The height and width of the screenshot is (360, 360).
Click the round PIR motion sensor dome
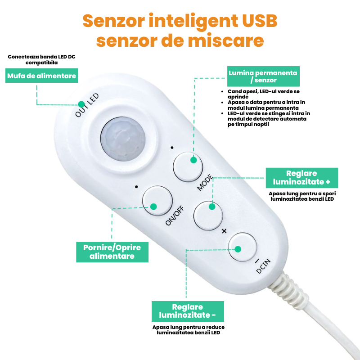[123, 139]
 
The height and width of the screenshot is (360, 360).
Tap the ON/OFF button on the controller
[157, 201]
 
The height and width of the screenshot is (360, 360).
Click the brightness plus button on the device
[208, 216]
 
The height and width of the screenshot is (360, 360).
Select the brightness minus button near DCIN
[242, 247]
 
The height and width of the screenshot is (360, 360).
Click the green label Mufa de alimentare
[41, 76]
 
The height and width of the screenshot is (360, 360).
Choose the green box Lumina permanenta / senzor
[263, 76]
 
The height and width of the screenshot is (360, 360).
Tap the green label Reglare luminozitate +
[302, 178]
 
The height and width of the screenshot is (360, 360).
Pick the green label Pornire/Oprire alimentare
[112, 252]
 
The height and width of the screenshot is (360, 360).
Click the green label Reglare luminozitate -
[188, 311]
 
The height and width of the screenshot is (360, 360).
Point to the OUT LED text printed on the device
[87, 105]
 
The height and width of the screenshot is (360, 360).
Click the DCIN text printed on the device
[263, 266]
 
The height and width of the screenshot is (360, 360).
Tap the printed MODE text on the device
[205, 183]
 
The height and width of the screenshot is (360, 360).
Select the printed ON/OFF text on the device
[175, 216]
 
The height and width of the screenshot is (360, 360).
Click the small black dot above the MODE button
[172, 148]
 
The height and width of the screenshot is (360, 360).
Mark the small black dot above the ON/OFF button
[137, 187]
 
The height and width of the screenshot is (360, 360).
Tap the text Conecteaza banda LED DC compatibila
[41, 60]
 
